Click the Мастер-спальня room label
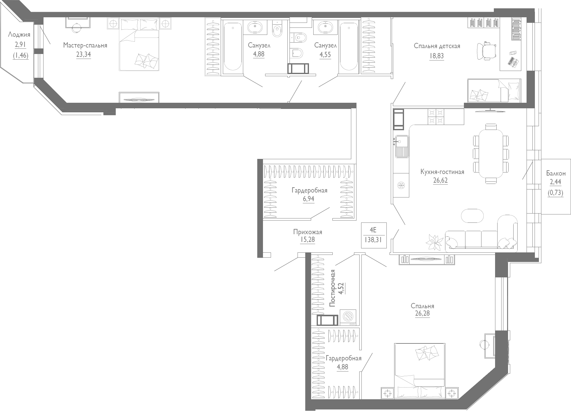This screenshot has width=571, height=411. click(x=85, y=45)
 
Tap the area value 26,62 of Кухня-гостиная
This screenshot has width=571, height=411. click(x=440, y=180)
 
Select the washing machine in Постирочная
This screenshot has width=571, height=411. click(x=348, y=317)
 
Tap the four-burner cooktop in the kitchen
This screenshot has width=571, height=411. click(x=436, y=116)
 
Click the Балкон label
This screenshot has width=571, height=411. click(x=556, y=173)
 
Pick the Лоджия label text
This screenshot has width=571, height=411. click(x=19, y=34)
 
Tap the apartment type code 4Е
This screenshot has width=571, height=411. click(x=373, y=230)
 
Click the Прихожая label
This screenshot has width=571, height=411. click(x=307, y=232)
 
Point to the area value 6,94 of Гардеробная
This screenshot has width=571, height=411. click(x=308, y=199)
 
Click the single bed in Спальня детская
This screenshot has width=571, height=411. click(x=494, y=90)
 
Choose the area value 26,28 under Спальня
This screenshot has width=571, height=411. click(x=422, y=313)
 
